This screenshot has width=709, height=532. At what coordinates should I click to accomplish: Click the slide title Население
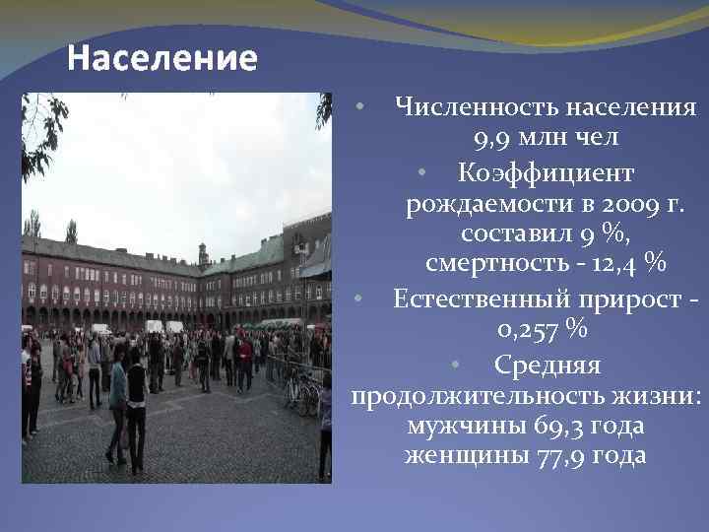pyautogui.click(x=162, y=59)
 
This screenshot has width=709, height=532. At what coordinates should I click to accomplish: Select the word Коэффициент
pyautogui.click(x=546, y=172)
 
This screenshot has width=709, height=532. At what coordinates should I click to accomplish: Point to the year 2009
pyautogui.click(x=619, y=204)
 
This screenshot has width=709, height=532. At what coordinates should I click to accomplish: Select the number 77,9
pyautogui.click(x=561, y=456)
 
